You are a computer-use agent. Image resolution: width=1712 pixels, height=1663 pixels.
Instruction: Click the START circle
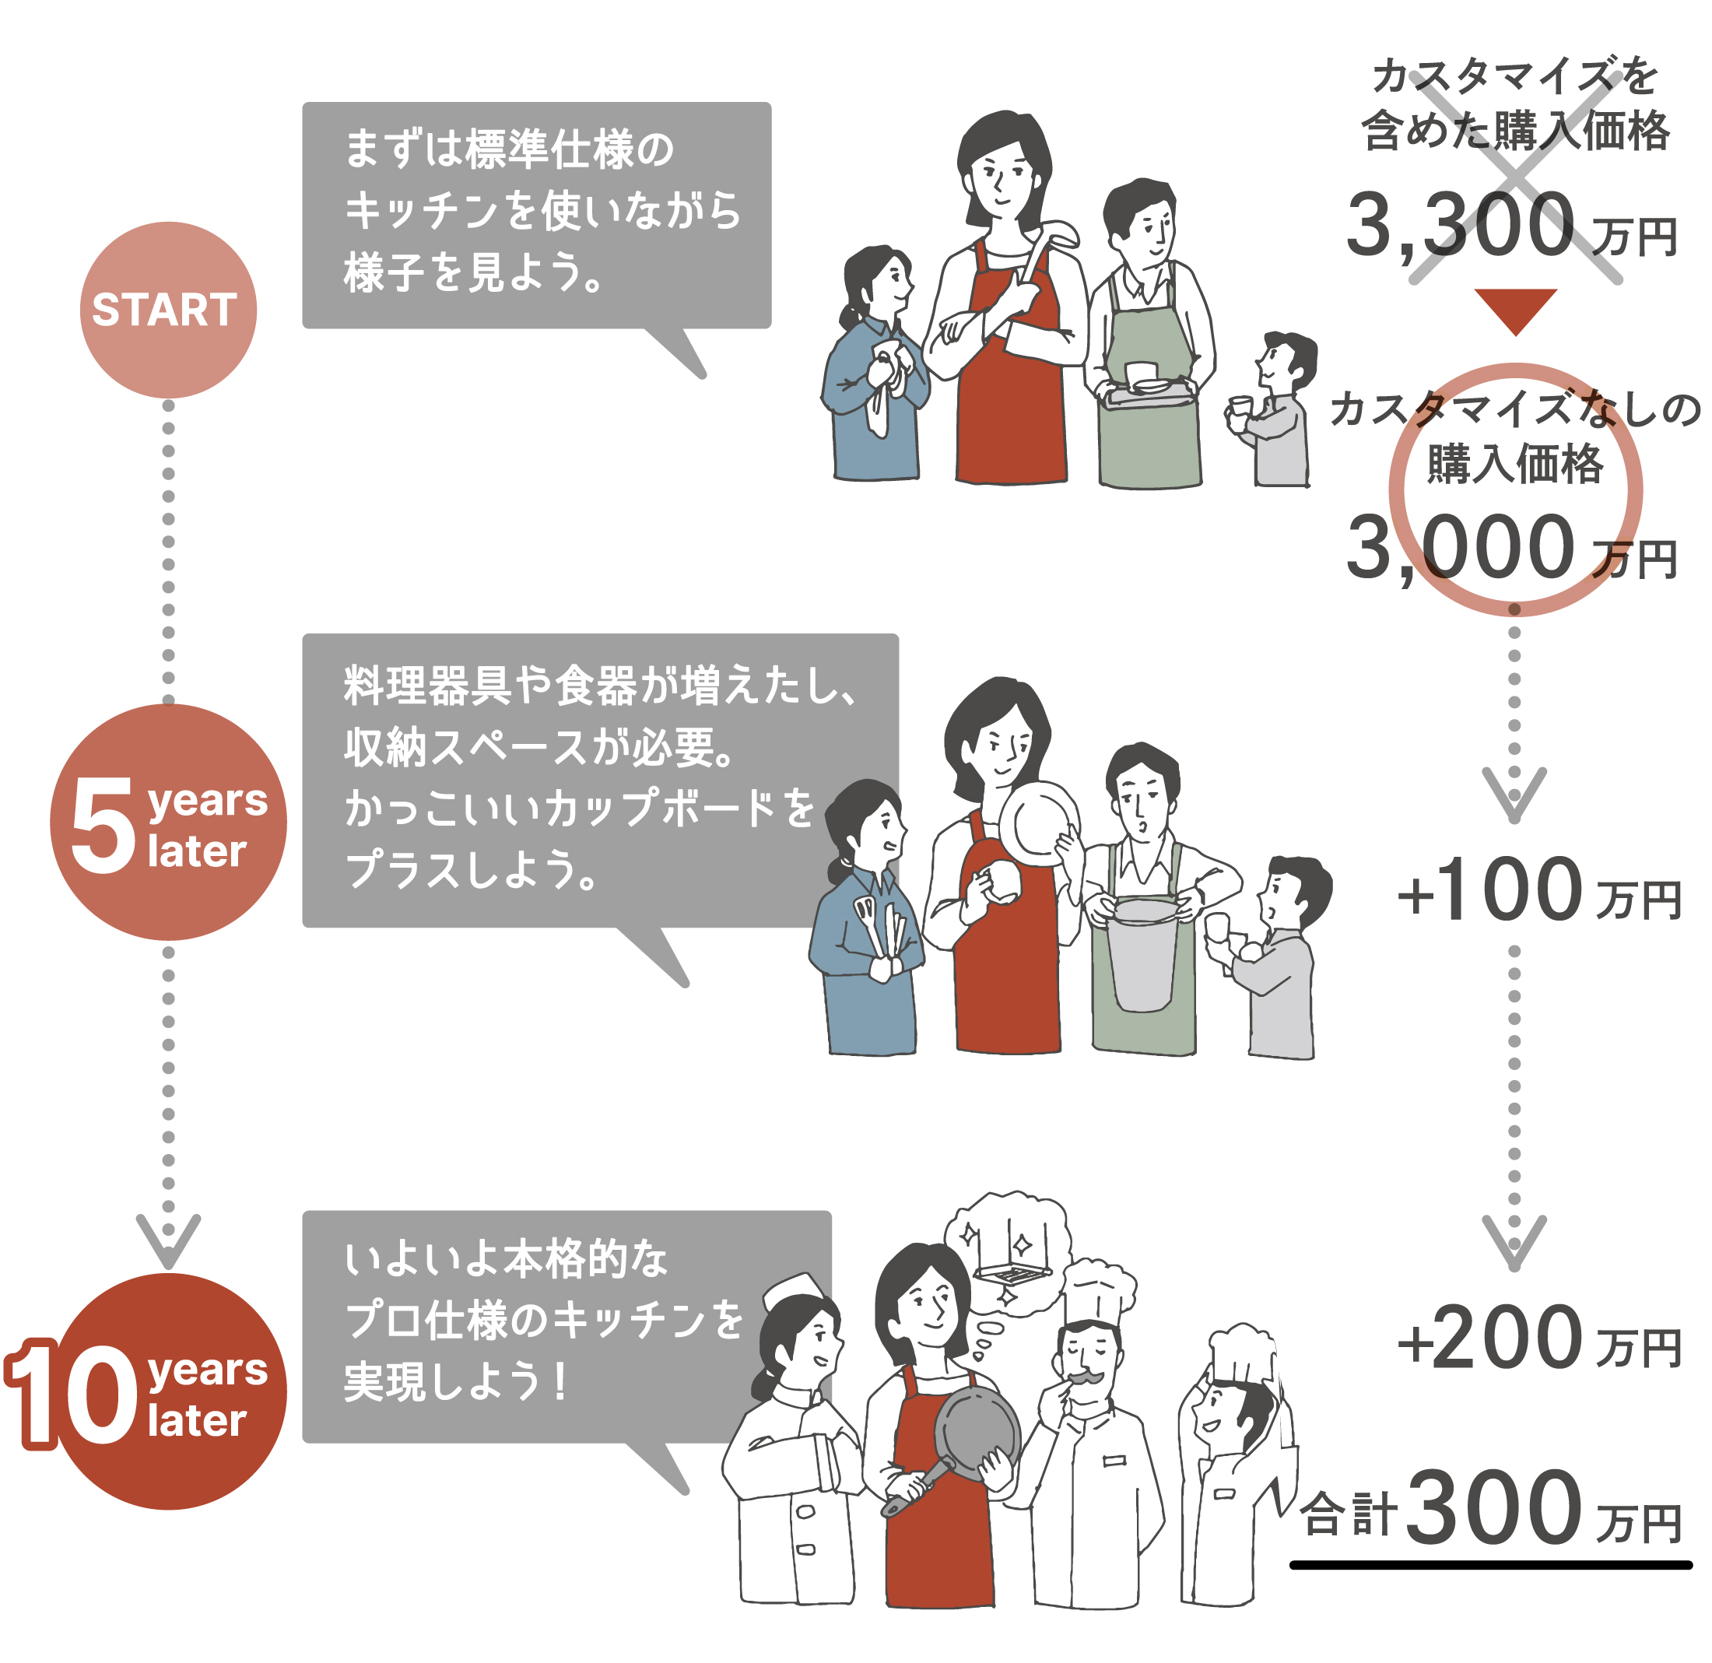(169, 310)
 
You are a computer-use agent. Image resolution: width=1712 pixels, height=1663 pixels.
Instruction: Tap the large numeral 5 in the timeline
(102, 826)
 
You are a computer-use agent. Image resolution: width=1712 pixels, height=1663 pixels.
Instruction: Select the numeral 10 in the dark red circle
(72, 1394)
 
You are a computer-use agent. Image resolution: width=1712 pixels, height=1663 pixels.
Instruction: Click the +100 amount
(1489, 890)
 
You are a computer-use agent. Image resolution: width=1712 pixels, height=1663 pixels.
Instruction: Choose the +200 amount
(1489, 1337)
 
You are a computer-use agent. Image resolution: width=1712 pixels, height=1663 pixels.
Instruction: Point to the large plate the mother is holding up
(1040, 823)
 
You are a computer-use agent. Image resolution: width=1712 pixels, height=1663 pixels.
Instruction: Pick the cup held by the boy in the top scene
(1239, 409)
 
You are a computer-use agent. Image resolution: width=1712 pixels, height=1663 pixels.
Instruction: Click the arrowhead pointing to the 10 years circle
(169, 1240)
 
